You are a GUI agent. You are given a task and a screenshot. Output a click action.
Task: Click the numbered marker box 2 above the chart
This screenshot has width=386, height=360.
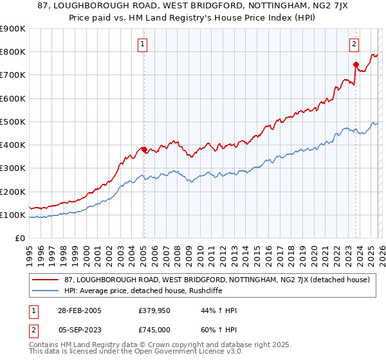[x=354, y=44]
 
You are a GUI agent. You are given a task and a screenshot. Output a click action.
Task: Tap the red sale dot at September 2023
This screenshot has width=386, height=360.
[x=356, y=64]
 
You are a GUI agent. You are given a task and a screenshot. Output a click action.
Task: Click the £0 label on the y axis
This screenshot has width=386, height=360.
[x=19, y=239]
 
